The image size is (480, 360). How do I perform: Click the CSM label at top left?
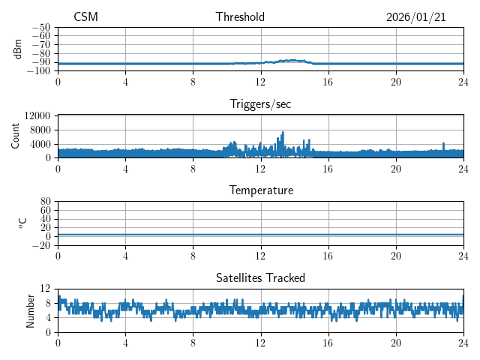pyautogui.click(x=85, y=17)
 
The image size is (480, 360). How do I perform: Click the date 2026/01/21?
pyautogui.click(x=415, y=17)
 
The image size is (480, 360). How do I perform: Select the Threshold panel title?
pyautogui.click(x=240, y=17)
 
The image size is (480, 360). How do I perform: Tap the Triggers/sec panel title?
pyautogui.click(x=260, y=104)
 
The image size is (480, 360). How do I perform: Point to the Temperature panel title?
pyautogui.click(x=260, y=190)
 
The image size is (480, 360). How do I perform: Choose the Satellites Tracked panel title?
pyautogui.click(x=260, y=277)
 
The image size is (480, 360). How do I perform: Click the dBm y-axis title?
pyautogui.click(x=18, y=49)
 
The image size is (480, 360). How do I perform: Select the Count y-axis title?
pyautogui.click(x=16, y=136)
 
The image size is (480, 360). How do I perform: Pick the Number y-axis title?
pyautogui.click(x=31, y=310)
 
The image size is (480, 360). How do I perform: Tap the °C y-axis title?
pyautogui.click(x=23, y=223)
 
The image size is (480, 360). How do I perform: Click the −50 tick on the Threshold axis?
pyautogui.click(x=40, y=27)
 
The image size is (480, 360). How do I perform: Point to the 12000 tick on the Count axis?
pyautogui.click(x=37, y=116)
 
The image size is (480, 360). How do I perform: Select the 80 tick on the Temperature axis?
pyautogui.click(x=45, y=202)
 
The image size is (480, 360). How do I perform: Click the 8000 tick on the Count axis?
pyautogui.click(x=39, y=130)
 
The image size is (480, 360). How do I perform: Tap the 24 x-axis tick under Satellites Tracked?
pyautogui.click(x=463, y=342)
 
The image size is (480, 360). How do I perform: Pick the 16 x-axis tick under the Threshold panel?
pyautogui.click(x=328, y=81)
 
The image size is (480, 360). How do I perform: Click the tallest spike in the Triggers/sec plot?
pyautogui.click(x=283, y=133)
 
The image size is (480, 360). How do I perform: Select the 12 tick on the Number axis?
pyautogui.click(x=45, y=289)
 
